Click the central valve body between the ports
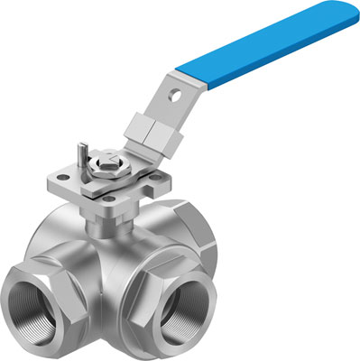pyautogui.click(x=126, y=262)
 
